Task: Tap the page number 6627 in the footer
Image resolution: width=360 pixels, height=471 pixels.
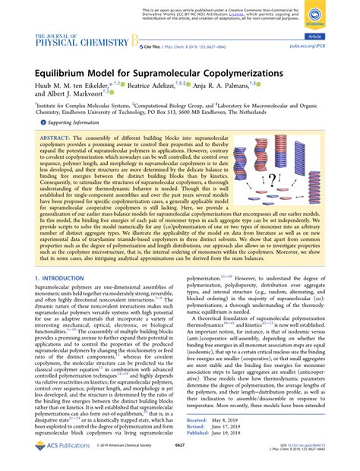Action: coord(180,456)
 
